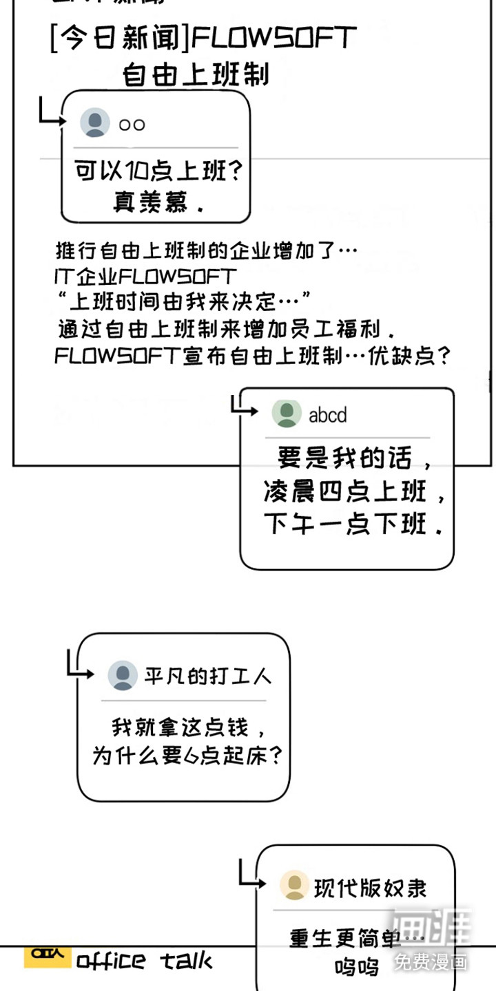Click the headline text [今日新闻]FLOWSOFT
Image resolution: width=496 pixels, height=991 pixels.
[203, 39]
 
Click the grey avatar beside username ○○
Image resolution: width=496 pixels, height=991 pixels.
[95, 123]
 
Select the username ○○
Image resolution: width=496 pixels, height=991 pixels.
[132, 125]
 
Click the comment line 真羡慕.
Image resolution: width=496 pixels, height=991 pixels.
[158, 202]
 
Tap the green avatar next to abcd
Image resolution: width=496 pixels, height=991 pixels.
[287, 414]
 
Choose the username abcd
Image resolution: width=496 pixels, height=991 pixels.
[328, 415]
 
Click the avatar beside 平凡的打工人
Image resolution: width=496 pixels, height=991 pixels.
[123, 676]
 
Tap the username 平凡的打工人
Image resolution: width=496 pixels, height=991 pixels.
[208, 676]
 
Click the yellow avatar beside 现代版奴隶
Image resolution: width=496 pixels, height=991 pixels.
[294, 886]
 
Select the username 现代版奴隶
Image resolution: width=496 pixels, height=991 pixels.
[371, 887]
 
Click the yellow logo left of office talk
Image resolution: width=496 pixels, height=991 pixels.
[47, 957]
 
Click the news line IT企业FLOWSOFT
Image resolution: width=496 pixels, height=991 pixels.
[145, 277]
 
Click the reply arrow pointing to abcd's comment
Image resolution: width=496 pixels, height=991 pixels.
[243, 407]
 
